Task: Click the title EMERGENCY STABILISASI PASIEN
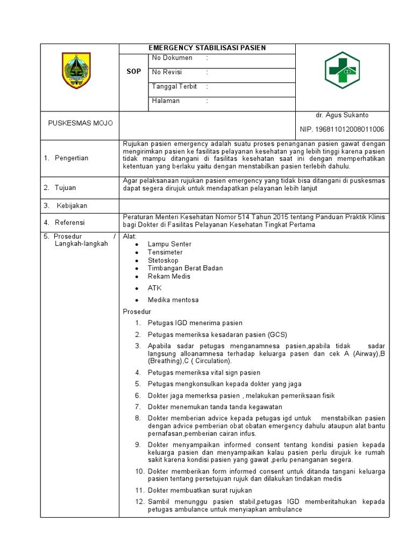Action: pyautogui.click(x=208, y=48)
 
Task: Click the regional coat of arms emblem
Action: pyautogui.click(x=76, y=71)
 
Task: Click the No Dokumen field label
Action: pyautogui.click(x=172, y=58)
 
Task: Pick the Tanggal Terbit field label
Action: pyautogui.click(x=174, y=87)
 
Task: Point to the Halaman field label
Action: pyautogui.click(x=166, y=101)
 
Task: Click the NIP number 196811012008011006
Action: pyautogui.click(x=342, y=130)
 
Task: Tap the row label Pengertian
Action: pyautogui.click(x=72, y=158)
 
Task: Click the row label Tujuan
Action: pyautogui.click(x=65, y=188)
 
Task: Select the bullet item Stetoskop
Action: pyautogui.click(x=163, y=260)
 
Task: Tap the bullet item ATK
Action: pyautogui.click(x=154, y=288)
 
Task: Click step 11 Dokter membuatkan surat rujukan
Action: pyautogui.click(x=200, y=491)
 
